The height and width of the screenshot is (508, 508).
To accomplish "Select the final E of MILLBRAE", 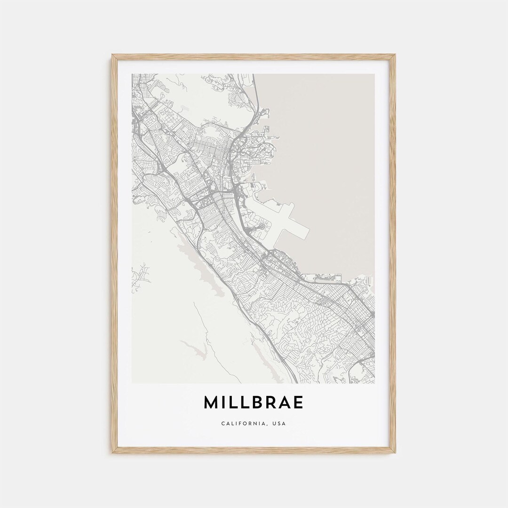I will tap(298, 403).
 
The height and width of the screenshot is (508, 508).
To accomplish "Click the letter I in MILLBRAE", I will tap(223, 403).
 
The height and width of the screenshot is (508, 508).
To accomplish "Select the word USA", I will tap(279, 423).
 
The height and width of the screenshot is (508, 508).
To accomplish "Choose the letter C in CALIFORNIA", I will tap(222, 423).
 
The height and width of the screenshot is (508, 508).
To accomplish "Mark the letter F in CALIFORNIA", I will tap(240, 423).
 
